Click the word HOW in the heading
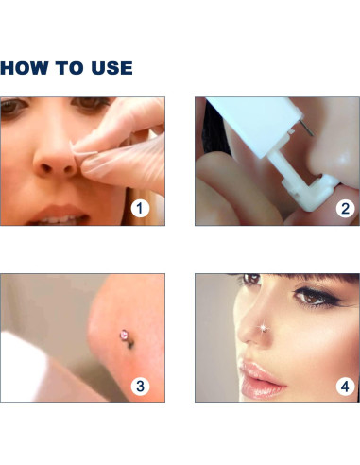[25, 68]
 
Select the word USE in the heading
[111, 68]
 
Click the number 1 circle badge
[140, 209]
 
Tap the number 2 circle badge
[345, 209]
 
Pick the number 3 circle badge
[140, 386]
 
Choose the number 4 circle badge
[345, 386]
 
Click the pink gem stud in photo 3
[125, 335]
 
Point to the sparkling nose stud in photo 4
[264, 328]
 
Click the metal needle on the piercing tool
[306, 129]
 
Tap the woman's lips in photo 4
[261, 379]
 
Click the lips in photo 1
[60, 215]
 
